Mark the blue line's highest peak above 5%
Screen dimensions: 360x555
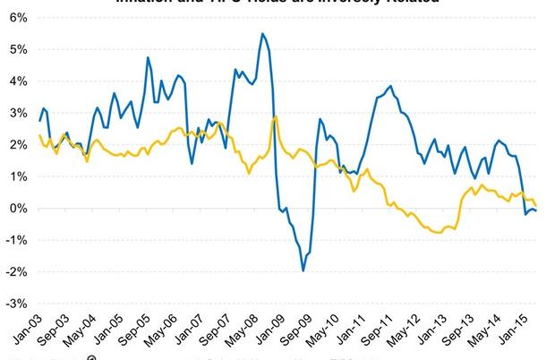tap(261, 34)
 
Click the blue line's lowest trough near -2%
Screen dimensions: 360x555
tap(303, 270)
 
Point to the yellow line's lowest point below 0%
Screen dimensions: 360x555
tap(438, 233)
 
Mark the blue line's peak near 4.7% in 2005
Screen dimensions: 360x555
tap(148, 58)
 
